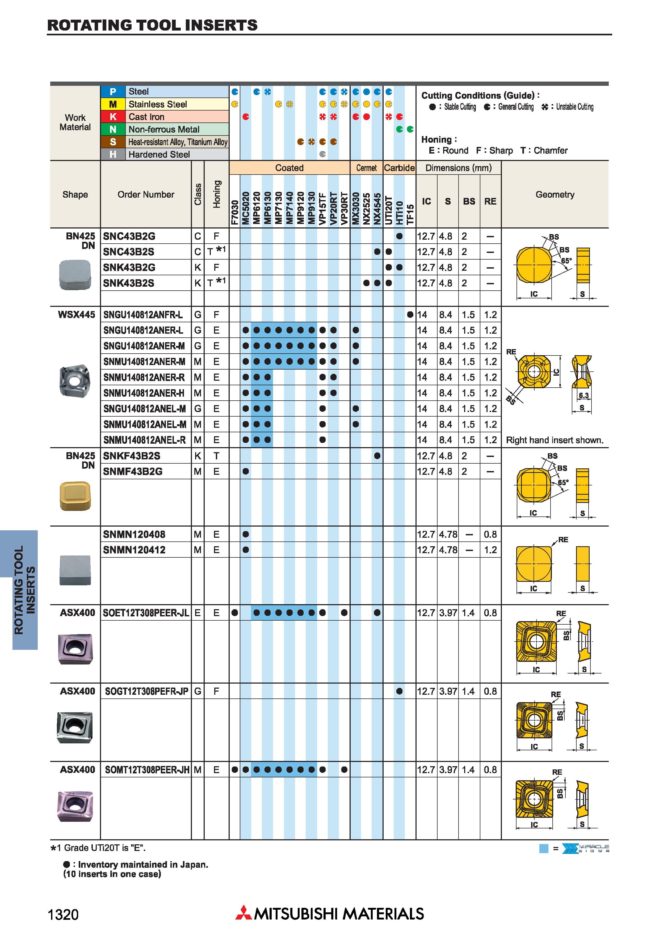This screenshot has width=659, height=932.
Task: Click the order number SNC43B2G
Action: [x=129, y=236]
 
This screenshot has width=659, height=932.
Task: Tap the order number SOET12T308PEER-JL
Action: [x=146, y=613]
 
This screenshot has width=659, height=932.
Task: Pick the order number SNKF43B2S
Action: [x=132, y=456]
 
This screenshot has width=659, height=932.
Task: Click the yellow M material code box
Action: [x=113, y=104]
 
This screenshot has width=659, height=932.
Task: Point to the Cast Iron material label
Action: [x=146, y=117]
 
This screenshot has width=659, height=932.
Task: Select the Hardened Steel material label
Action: [x=159, y=154]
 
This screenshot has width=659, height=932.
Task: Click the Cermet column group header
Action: [x=366, y=168]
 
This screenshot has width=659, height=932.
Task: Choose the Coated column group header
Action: [x=289, y=168]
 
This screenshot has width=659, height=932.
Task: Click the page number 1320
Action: [x=63, y=914]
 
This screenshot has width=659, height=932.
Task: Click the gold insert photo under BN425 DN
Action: [x=75, y=496]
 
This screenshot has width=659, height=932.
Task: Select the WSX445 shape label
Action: [x=77, y=315]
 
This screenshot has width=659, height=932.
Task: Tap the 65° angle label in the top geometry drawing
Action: [x=566, y=261]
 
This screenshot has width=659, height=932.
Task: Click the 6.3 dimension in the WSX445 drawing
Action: [x=584, y=395]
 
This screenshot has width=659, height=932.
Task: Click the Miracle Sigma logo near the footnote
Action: [x=586, y=848]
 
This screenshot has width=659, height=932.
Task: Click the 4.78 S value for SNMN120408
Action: [x=448, y=534]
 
